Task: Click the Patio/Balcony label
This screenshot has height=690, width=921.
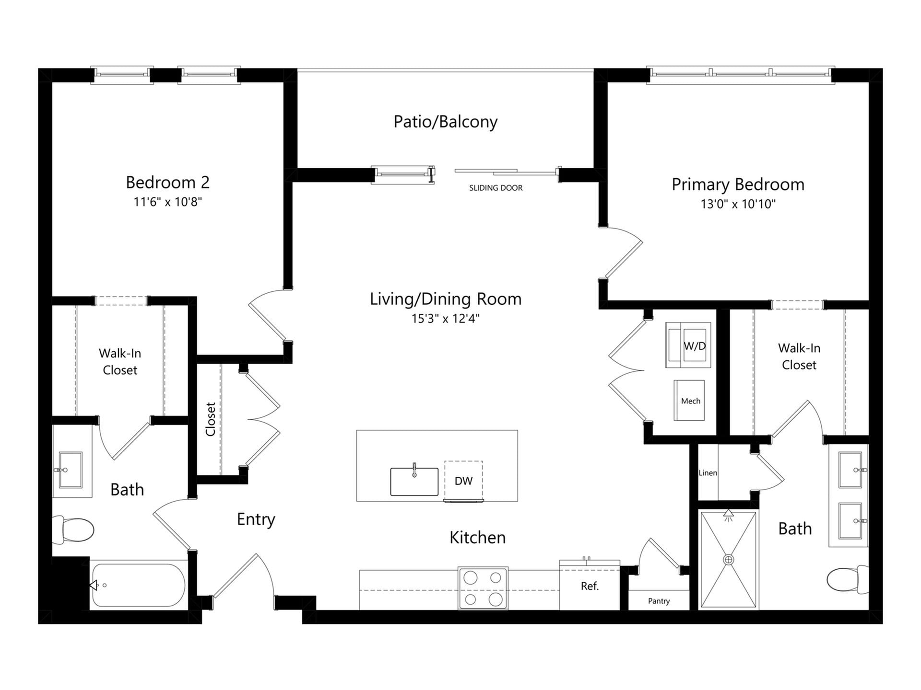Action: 445,122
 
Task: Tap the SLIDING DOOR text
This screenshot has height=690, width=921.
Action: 496,188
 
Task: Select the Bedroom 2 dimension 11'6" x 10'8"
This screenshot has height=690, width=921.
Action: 167,202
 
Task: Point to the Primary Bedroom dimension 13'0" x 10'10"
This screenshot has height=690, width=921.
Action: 738,204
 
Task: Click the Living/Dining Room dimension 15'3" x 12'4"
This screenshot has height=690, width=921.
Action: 445,319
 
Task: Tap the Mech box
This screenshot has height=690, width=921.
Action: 689,401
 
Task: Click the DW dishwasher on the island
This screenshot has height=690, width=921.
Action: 463,481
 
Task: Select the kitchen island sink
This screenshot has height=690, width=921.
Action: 414,481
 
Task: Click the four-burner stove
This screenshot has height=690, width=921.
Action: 483,588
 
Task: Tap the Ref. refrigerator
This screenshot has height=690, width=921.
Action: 590,586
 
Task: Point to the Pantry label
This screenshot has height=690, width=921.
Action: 659,601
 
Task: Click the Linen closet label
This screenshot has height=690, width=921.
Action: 708,473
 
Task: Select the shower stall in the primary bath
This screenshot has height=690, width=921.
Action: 728,560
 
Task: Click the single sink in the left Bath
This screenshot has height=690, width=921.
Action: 71,470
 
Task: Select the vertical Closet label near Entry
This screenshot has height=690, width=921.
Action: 210,419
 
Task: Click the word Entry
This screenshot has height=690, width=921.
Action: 256,519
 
